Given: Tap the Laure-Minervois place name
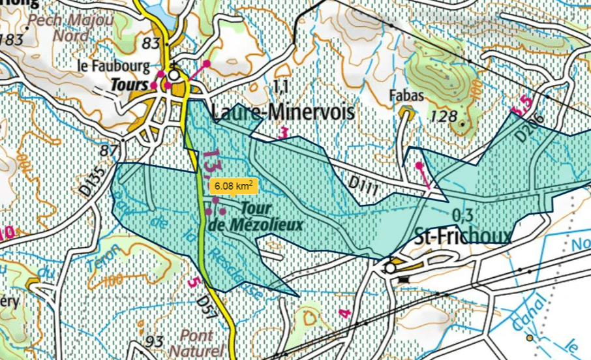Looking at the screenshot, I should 283,112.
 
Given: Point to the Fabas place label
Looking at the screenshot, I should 408,96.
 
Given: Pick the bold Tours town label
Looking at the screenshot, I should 129,84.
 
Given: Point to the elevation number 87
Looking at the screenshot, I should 108,151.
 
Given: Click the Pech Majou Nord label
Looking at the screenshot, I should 71,27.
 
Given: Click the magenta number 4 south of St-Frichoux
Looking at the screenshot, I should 345,314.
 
